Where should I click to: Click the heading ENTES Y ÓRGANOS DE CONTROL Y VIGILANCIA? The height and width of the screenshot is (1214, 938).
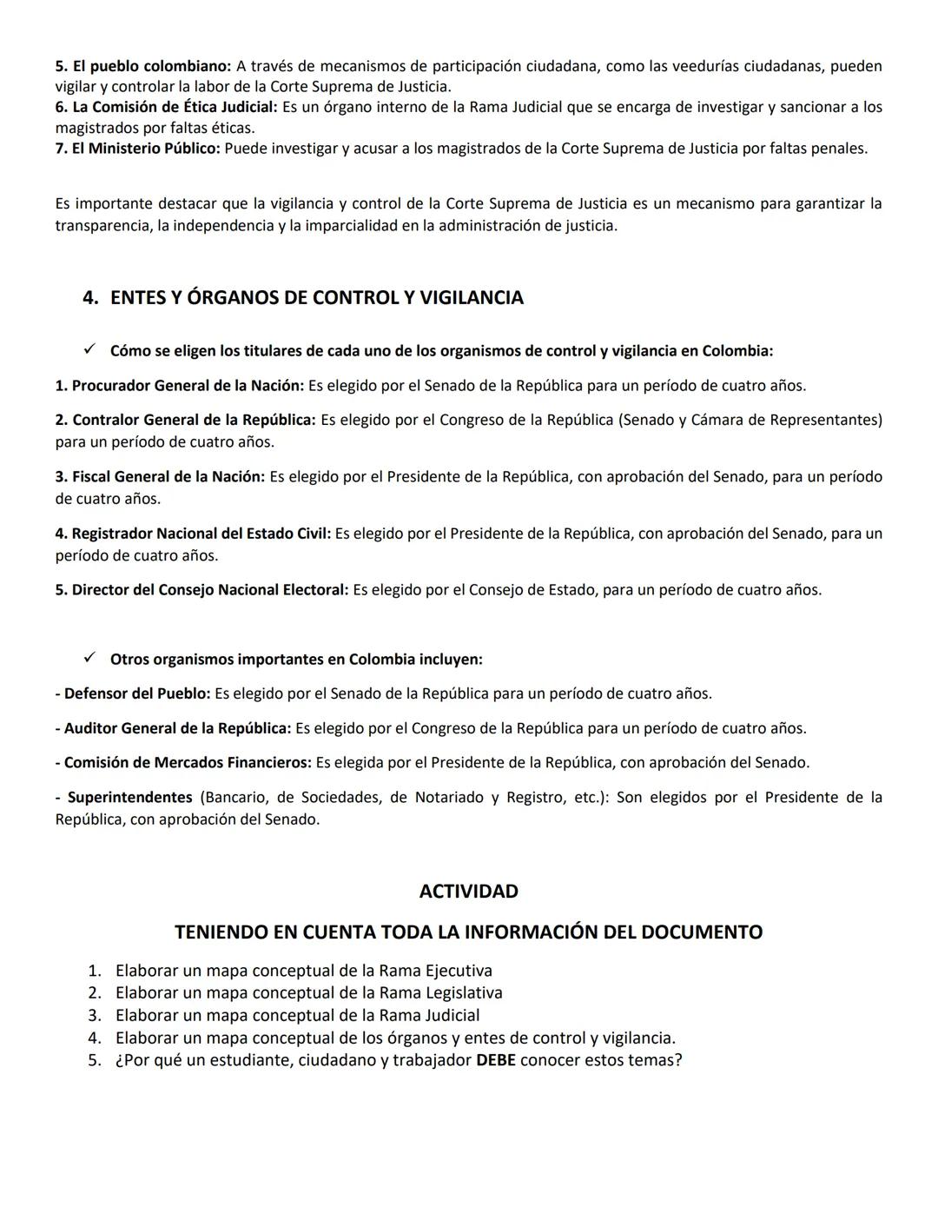point(316,298)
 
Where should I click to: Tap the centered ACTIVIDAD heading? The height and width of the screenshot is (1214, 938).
point(468,892)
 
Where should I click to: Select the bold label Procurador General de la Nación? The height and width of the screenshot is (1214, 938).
point(188,386)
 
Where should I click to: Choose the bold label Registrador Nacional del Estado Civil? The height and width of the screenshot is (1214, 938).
point(201,534)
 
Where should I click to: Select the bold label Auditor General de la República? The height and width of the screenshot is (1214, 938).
point(177,728)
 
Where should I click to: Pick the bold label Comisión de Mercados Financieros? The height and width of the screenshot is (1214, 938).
point(188,763)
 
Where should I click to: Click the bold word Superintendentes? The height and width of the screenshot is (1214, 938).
point(129,798)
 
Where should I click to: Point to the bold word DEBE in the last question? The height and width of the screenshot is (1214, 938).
point(496,1060)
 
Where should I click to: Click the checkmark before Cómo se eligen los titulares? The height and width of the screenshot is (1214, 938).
point(90,350)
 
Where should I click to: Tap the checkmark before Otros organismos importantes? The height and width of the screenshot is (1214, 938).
point(90,659)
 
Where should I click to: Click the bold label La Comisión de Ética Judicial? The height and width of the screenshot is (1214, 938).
point(175,108)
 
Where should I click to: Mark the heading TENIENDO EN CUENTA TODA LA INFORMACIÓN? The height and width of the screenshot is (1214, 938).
point(468,932)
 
